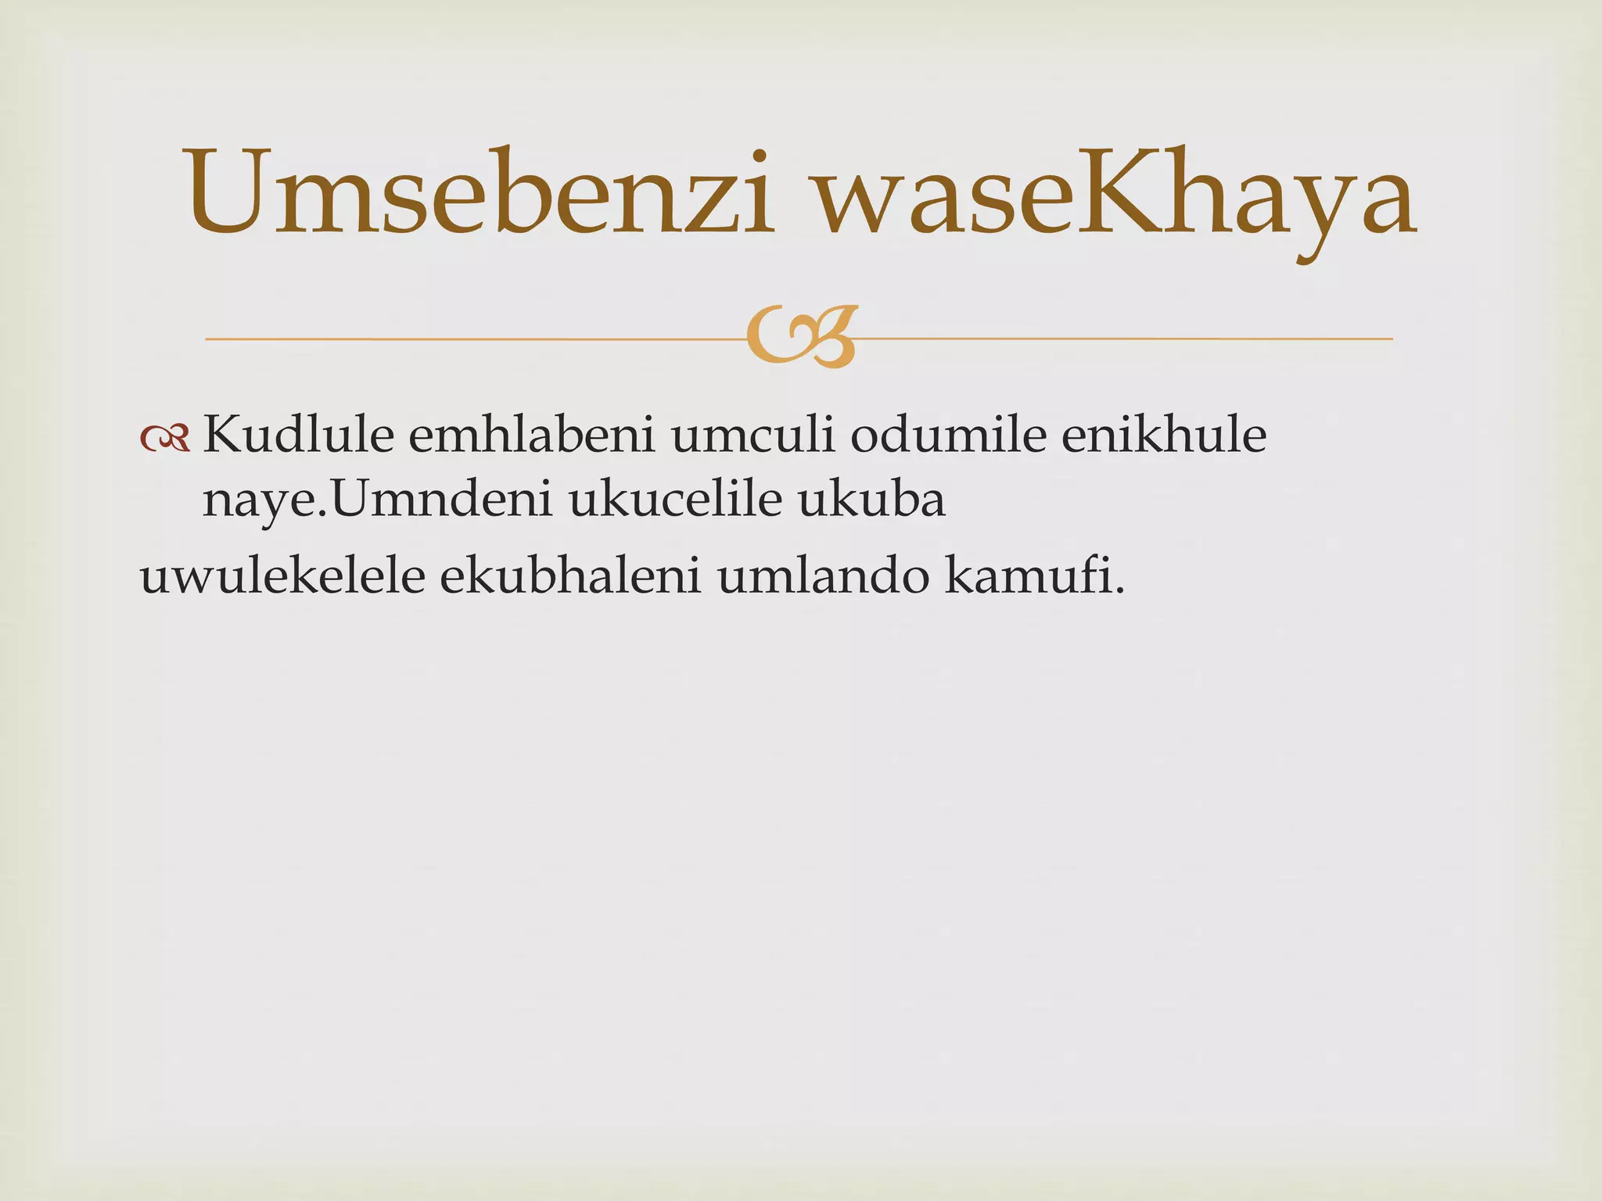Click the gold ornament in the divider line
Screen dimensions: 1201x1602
[801, 337]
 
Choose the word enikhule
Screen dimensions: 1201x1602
[1163, 436]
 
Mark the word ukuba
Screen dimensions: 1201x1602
[871, 500]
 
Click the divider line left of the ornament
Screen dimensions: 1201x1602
[469, 339]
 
